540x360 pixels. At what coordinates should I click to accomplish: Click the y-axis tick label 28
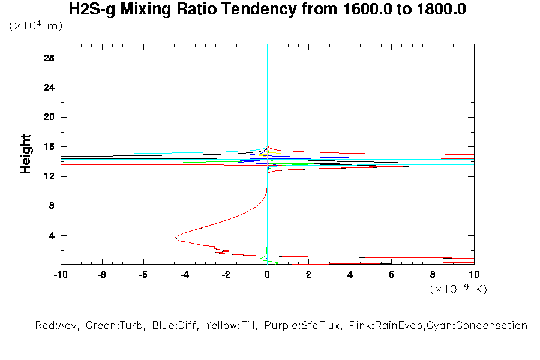pyautogui.click(x=49, y=58)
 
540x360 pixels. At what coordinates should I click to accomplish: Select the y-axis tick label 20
pyautogui.click(x=49, y=118)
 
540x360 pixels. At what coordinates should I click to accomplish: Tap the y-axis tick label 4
pyautogui.click(x=52, y=236)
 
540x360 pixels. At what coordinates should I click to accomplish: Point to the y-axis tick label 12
pyautogui.click(x=49, y=176)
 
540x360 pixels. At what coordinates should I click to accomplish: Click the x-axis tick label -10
pyautogui.click(x=60, y=274)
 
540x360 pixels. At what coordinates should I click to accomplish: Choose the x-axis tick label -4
pyautogui.click(x=184, y=274)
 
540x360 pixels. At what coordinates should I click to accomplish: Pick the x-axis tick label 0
pyautogui.click(x=267, y=274)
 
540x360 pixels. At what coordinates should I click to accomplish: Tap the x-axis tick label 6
pyautogui.click(x=391, y=274)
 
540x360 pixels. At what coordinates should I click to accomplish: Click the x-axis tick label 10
pyautogui.click(x=474, y=274)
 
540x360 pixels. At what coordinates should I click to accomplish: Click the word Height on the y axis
pyautogui.click(x=26, y=154)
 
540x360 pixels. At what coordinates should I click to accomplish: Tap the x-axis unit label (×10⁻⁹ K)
pyautogui.click(x=458, y=289)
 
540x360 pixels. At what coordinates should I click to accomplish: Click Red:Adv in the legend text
pyautogui.click(x=58, y=326)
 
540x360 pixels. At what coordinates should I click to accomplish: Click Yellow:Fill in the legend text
pyautogui.click(x=227, y=326)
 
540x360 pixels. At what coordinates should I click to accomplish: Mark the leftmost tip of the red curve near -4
pyautogui.click(x=175, y=238)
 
